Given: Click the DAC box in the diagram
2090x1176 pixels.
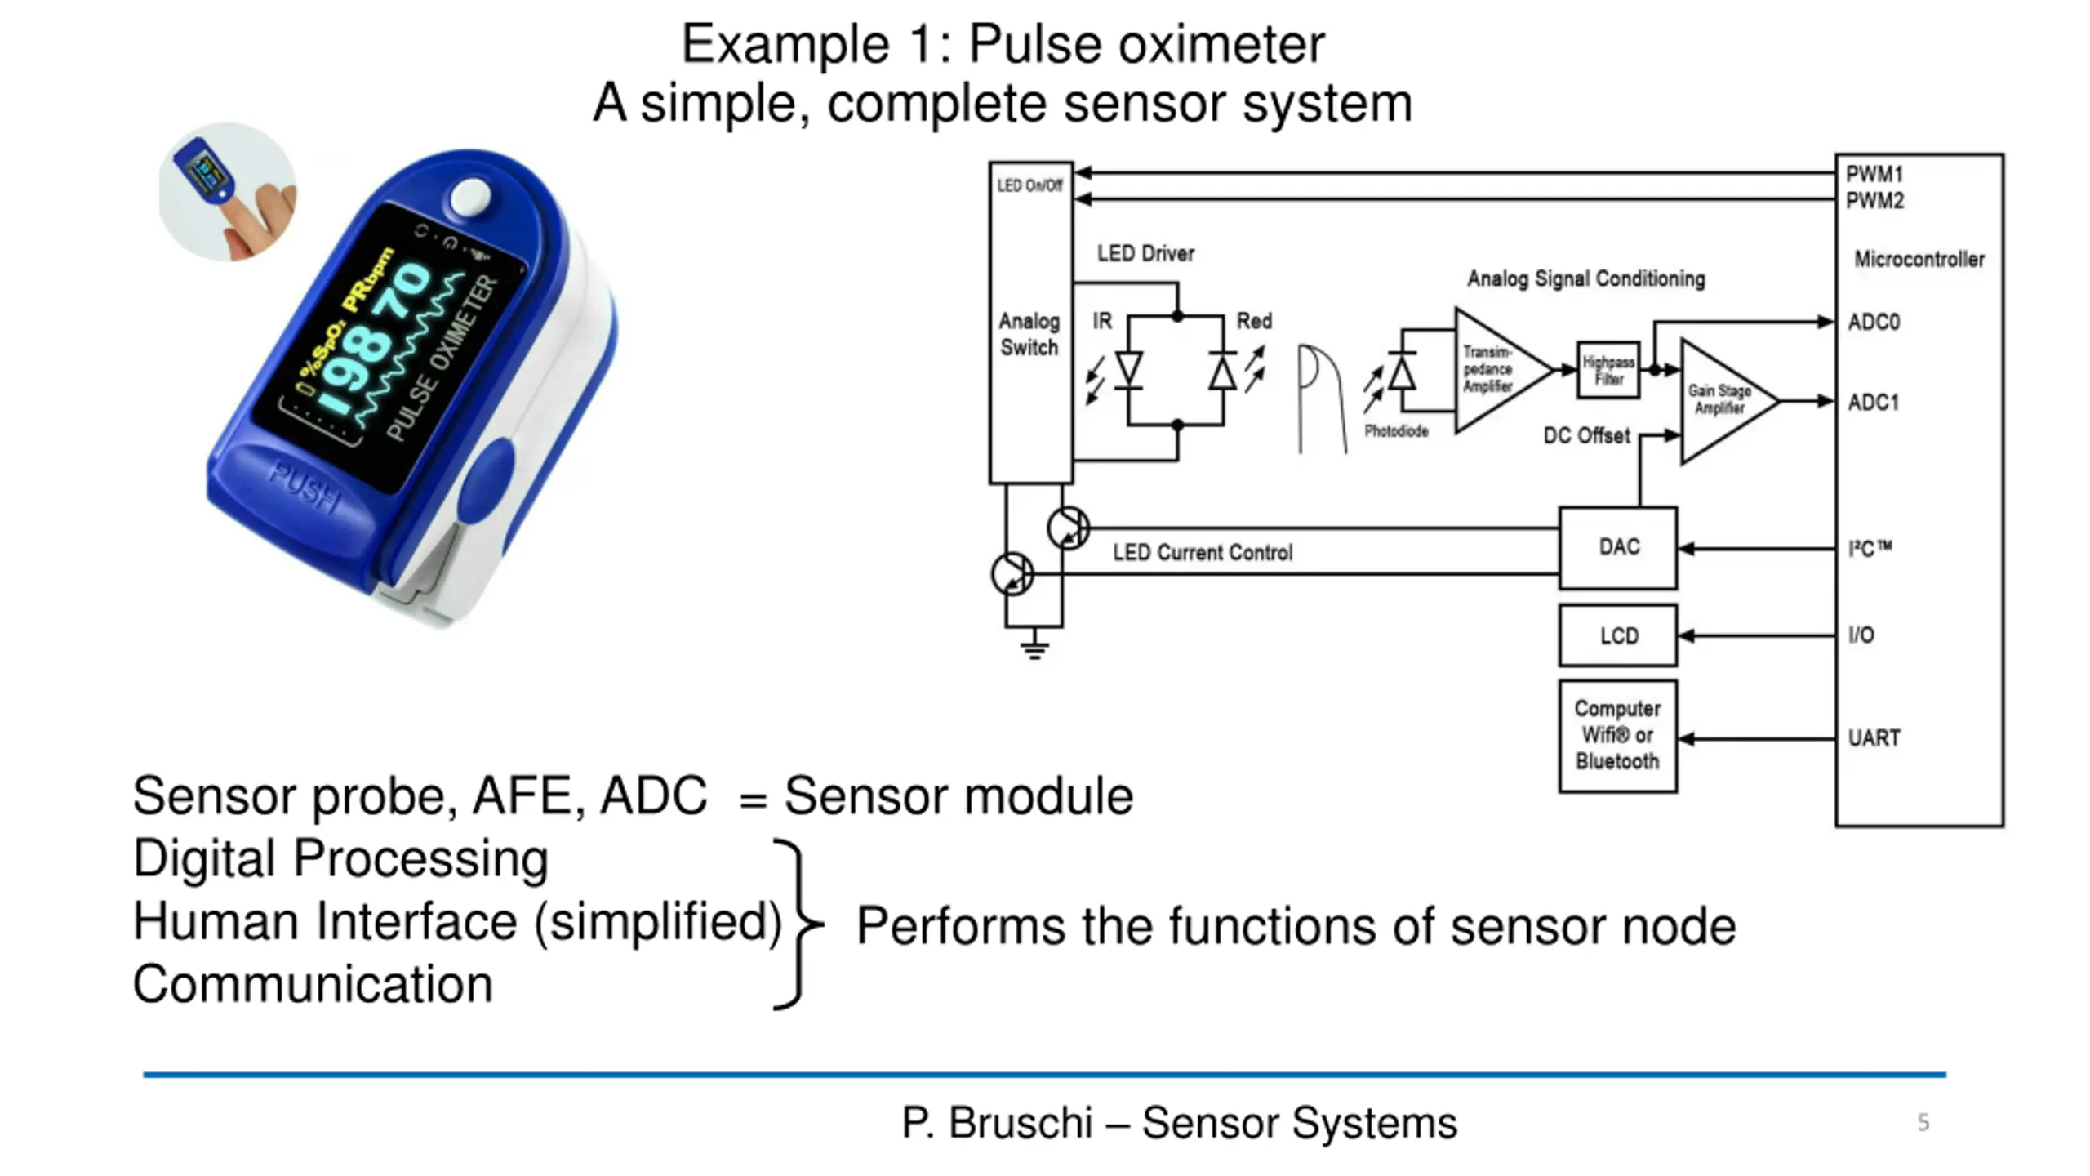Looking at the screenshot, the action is click(1618, 547).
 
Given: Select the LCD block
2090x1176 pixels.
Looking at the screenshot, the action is click(1618, 635).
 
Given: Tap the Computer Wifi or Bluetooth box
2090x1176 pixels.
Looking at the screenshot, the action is click(1618, 736).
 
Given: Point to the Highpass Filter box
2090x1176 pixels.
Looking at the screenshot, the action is click(1608, 370).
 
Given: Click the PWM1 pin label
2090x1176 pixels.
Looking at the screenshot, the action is click(1874, 174).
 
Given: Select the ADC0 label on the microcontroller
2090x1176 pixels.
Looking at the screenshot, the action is click(1874, 322).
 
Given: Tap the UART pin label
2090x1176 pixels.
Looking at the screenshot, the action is click(1874, 738).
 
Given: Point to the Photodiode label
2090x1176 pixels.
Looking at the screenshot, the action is click(1396, 431).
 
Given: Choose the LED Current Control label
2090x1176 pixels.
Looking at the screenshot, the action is click(1203, 553).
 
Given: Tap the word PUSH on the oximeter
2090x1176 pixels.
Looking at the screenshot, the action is click(305, 487).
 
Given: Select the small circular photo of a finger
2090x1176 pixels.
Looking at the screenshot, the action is click(228, 192).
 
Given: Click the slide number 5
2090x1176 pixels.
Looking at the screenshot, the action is click(1923, 1123).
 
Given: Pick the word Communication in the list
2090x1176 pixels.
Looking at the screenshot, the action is click(313, 984).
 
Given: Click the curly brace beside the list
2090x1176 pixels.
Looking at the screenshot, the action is click(798, 924).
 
